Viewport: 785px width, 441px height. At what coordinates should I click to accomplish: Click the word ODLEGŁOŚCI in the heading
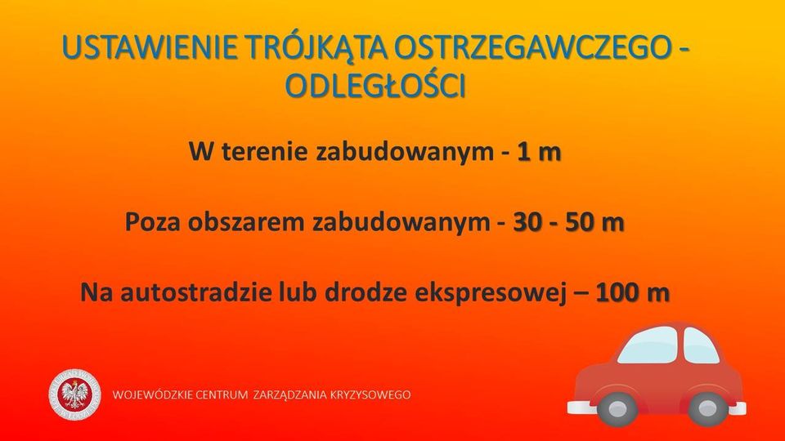pyautogui.click(x=375, y=86)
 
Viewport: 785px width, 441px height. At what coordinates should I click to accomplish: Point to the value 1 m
pyautogui.click(x=539, y=152)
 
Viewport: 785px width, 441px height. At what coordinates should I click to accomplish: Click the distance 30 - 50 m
pyautogui.click(x=569, y=222)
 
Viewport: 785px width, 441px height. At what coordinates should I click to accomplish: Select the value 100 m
pyautogui.click(x=632, y=292)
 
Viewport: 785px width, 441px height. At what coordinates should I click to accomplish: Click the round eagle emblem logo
pyautogui.click(x=74, y=394)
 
